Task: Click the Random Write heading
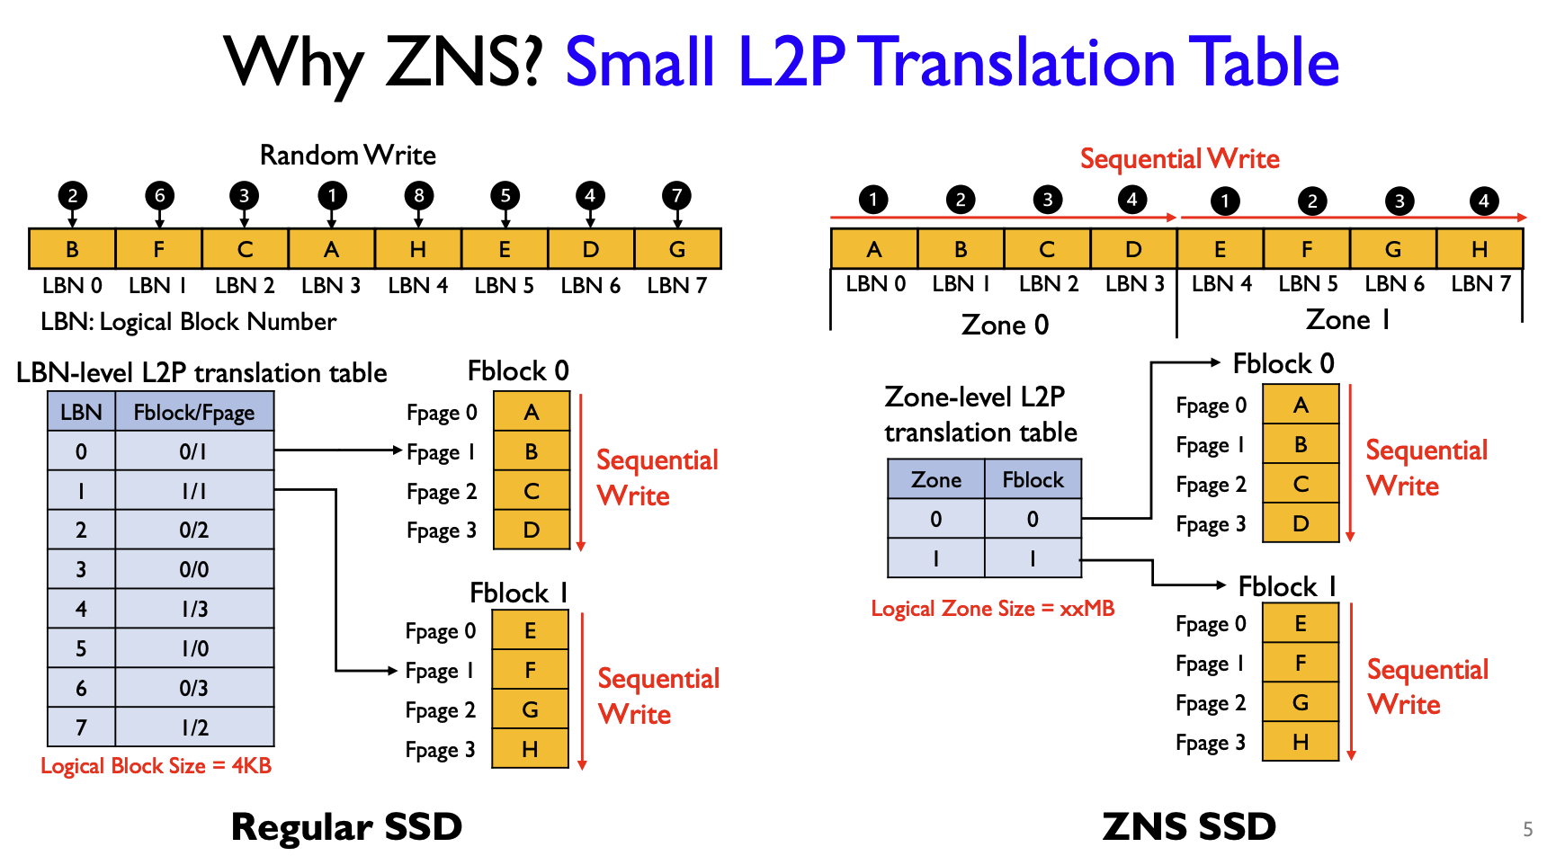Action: pyautogui.click(x=347, y=156)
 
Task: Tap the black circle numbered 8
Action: pyautogui.click(x=418, y=195)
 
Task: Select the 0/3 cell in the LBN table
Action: pyautogui.click(x=193, y=688)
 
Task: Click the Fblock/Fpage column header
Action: pyautogui.click(x=193, y=413)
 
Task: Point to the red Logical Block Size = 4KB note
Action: pyautogui.click(x=156, y=766)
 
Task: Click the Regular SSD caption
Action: pyautogui.click(x=346, y=827)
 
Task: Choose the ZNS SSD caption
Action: pyautogui.click(x=1188, y=827)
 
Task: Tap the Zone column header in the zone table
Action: pyautogui.click(x=935, y=480)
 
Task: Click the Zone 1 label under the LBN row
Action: pyautogui.click(x=1347, y=320)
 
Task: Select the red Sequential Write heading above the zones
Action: pyautogui.click(x=1179, y=159)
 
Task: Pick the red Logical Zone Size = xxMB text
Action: pyautogui.click(x=992, y=609)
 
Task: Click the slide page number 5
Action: pyautogui.click(x=1527, y=829)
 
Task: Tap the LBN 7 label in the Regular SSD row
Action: pyautogui.click(x=676, y=286)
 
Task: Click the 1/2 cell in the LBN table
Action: pyautogui.click(x=193, y=727)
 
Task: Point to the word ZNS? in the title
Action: pyautogui.click(x=463, y=63)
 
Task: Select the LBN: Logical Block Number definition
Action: pyautogui.click(x=189, y=322)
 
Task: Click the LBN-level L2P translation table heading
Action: pyautogui.click(x=201, y=373)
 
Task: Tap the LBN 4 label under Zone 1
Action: pyautogui.click(x=1221, y=284)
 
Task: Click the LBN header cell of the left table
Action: pyautogui.click(x=81, y=413)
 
